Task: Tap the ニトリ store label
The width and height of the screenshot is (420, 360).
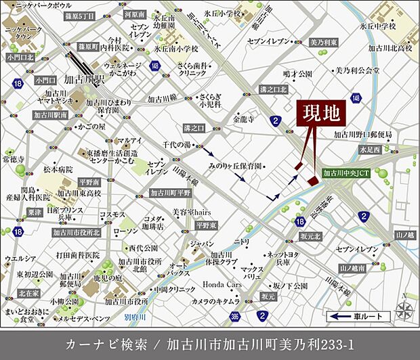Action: (x=241, y=242)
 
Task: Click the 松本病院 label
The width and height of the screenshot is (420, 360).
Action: (x=57, y=169)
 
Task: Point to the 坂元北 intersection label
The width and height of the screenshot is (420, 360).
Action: (x=309, y=236)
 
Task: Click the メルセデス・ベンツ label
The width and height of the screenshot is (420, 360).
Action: (x=84, y=317)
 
